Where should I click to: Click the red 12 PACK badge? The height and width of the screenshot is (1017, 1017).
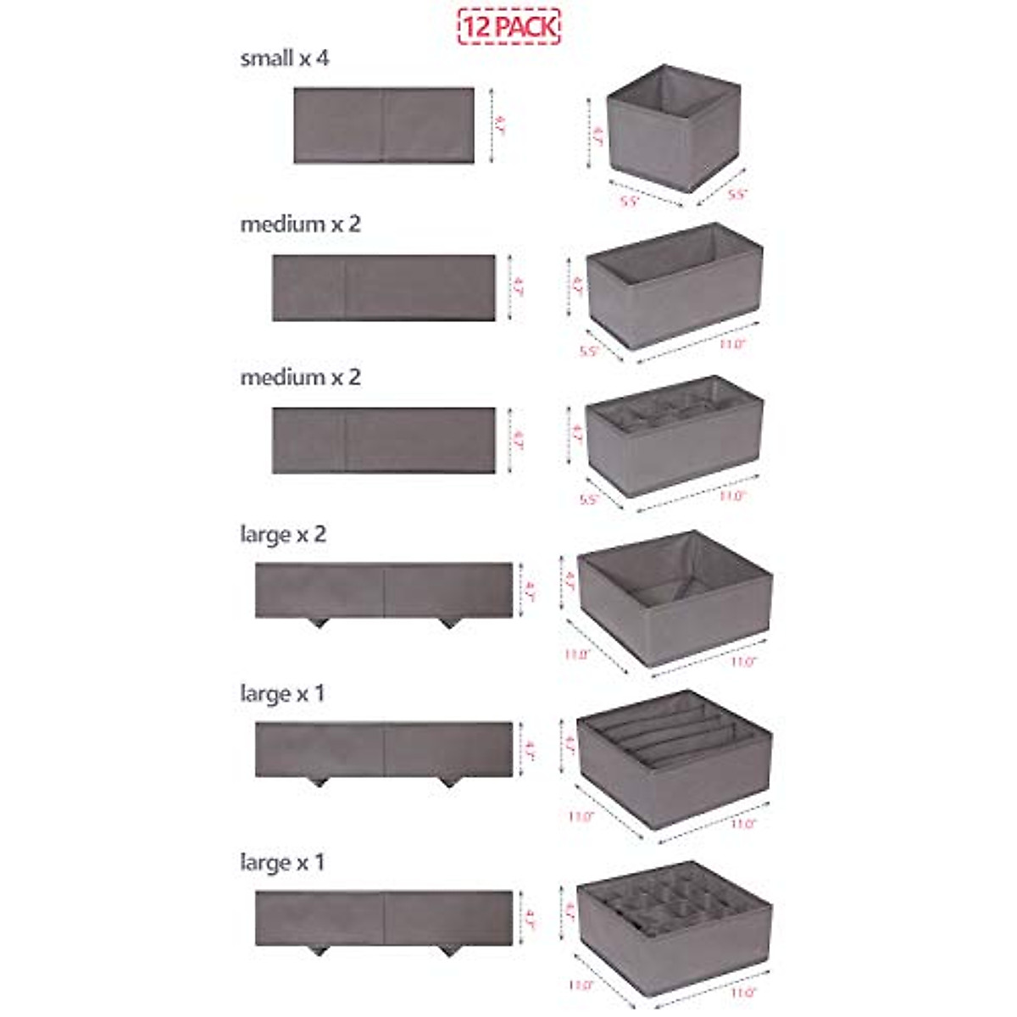tap(508, 25)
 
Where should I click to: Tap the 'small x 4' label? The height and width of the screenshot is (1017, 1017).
tap(285, 58)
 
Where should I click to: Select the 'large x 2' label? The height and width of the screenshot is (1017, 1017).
tap(283, 535)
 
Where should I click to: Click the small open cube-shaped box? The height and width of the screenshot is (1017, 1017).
tap(673, 127)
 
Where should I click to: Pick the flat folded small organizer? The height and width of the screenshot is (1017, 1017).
tap(383, 125)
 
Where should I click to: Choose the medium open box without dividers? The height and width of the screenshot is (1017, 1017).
tap(675, 284)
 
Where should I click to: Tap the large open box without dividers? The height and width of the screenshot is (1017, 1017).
tap(675, 597)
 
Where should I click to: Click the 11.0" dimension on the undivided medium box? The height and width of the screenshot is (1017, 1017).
tap(731, 345)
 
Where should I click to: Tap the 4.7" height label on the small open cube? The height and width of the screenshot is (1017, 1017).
tap(597, 135)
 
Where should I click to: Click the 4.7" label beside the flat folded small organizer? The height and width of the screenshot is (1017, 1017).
tap(499, 125)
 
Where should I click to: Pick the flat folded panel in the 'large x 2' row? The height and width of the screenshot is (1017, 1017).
tap(384, 591)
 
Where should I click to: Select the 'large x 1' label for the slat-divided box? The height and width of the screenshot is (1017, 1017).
tap(282, 693)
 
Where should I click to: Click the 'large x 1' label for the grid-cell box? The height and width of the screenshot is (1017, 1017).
tap(282, 863)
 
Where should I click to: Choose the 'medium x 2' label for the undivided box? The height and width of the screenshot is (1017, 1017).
tap(300, 225)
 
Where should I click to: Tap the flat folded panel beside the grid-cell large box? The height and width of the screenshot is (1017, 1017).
tap(384, 918)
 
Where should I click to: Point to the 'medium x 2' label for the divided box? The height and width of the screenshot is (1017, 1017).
tap(300, 376)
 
